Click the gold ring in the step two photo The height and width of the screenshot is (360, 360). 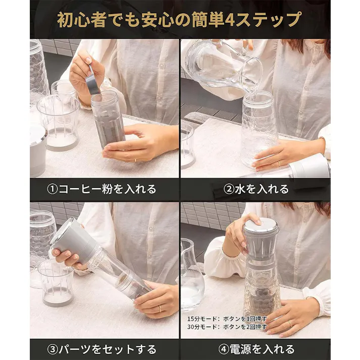click(278, 163)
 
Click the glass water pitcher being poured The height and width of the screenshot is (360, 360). click(222, 63)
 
